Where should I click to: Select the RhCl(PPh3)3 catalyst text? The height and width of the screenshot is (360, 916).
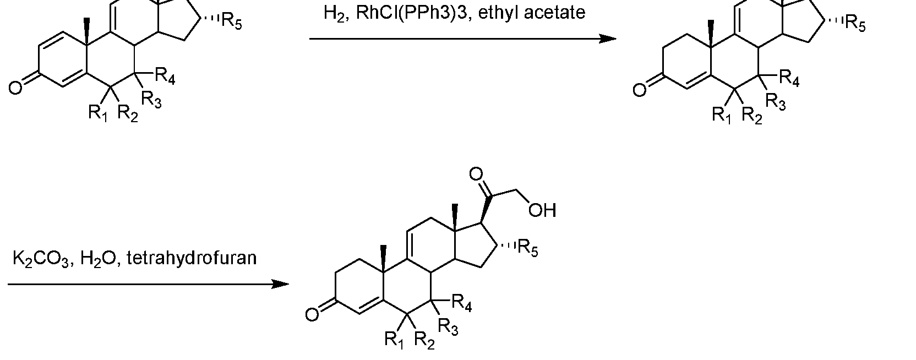411,13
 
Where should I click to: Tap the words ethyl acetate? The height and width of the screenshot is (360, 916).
532,12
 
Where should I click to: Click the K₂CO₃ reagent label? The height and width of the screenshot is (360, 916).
41,259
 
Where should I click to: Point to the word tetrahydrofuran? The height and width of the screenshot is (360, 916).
192,258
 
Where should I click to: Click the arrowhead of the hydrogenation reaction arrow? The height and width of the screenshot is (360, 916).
608,39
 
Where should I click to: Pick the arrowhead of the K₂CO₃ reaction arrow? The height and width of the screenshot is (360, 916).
281,284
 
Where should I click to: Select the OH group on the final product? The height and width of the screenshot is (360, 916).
542,210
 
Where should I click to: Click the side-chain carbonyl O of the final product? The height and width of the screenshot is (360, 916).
476,174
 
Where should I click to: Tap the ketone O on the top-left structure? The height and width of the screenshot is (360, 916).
15,88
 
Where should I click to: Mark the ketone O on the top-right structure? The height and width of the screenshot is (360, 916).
640,90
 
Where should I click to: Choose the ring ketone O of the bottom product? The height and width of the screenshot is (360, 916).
312,315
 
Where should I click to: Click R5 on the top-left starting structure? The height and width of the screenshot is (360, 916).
231,21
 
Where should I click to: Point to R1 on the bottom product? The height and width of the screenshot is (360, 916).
394,340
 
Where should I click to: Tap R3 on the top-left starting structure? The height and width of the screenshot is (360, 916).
151,100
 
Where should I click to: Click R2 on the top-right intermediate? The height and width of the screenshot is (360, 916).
752,116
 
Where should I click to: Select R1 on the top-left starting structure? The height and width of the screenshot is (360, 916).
98,113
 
